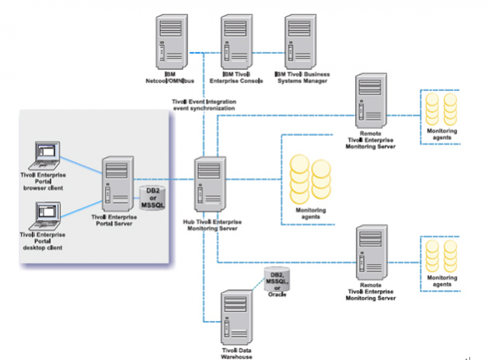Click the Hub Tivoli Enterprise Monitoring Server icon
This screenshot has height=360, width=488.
pyautogui.click(x=208, y=184)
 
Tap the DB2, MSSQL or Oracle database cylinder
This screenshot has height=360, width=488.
pyautogui.click(x=277, y=281)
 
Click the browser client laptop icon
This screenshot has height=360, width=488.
pyautogui.click(x=40, y=159)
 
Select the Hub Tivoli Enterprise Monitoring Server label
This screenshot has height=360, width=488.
pyautogui.click(x=208, y=225)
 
